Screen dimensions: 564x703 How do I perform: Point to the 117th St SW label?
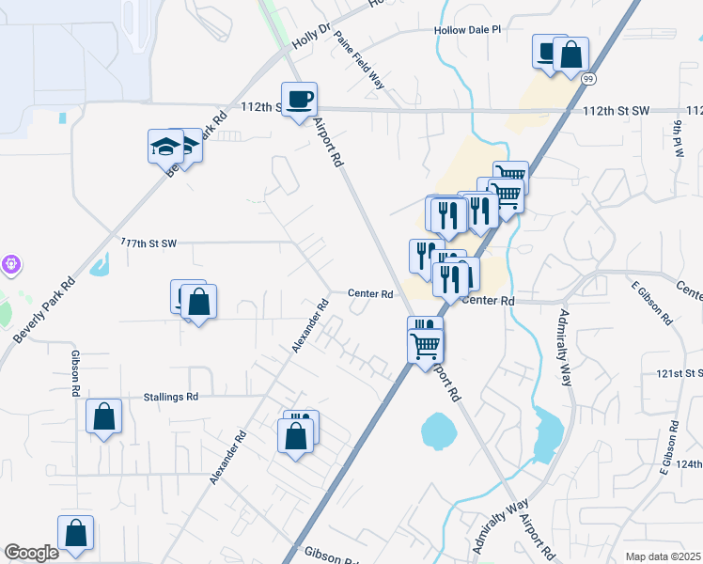pos(148,243)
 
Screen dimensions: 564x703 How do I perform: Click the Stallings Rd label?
pos(171,397)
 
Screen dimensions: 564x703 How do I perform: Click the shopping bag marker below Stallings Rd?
pos(103,416)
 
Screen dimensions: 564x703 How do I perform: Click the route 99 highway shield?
pos(588,78)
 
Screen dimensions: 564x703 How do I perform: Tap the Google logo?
pos(30,553)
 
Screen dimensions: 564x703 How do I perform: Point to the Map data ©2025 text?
pos(663,556)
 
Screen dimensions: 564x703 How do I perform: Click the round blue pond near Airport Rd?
pos(439,431)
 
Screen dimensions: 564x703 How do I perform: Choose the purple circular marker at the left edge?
pos(10,265)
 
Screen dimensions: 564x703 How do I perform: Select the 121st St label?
pos(681,373)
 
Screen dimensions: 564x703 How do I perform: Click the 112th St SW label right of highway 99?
pos(616,111)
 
